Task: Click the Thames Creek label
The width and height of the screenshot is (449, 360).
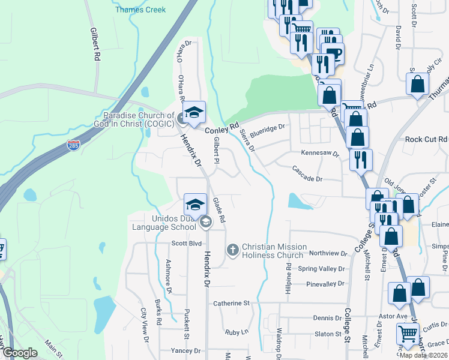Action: coord(140,10)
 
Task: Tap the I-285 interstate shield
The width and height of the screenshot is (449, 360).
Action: coord(73,146)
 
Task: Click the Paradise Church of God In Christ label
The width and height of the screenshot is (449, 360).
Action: coord(139,119)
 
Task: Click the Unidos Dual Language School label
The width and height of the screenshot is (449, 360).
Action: coord(166,223)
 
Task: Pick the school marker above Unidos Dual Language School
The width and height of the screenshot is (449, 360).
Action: coord(195,205)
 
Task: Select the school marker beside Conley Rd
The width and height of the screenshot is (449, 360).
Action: coord(193,112)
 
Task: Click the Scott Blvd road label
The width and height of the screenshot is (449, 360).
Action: coord(186,244)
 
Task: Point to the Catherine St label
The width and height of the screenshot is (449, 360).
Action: coord(231,304)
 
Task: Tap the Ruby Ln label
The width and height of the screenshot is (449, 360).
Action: coord(237,332)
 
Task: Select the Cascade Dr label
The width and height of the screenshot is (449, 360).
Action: coord(308,179)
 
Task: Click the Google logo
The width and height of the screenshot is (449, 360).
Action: coord(20,353)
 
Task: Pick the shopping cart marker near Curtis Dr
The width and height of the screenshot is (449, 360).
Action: coord(408,333)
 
